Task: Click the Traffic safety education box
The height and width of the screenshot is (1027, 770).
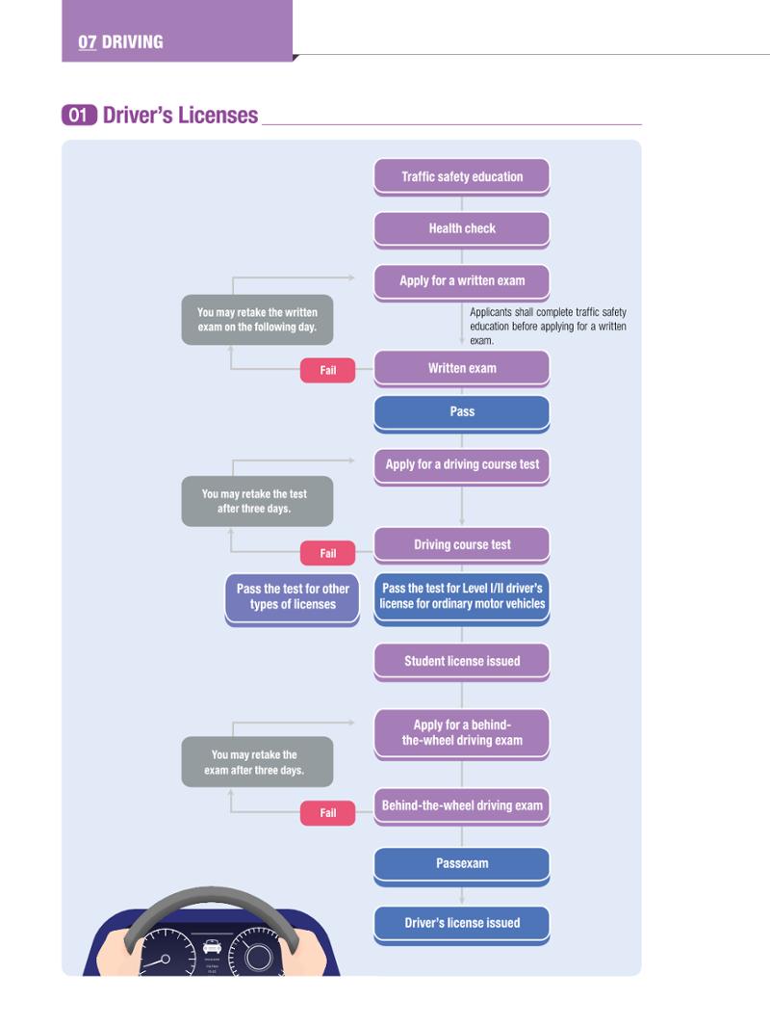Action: [x=462, y=177]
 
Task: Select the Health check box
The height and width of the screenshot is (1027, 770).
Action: [x=462, y=229]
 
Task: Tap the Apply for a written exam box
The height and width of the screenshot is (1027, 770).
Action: [x=462, y=281]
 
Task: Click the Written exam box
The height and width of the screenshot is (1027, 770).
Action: [x=462, y=369]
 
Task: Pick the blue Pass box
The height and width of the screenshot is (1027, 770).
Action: [x=462, y=412]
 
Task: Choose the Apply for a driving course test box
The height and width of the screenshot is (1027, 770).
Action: [x=462, y=465]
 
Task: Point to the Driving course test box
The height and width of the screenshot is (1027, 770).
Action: [x=462, y=545]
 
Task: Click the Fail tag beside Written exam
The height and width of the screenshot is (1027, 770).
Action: [x=328, y=370]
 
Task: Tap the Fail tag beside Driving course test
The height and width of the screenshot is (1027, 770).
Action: [x=328, y=553]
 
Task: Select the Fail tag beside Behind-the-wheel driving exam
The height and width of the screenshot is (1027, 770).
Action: [x=328, y=813]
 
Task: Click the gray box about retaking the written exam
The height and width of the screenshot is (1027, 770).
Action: [x=257, y=320]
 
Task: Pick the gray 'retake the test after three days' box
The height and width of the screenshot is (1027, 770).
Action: [x=257, y=501]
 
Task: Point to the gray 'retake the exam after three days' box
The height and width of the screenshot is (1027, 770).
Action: [x=257, y=762]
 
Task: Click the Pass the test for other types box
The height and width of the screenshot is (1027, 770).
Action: [x=293, y=599]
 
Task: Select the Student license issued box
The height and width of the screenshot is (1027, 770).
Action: [x=462, y=662]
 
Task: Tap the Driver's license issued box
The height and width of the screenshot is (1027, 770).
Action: [x=462, y=924]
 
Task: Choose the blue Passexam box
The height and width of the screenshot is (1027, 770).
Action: [x=462, y=864]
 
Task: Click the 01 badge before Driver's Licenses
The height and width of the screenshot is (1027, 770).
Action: [x=79, y=116]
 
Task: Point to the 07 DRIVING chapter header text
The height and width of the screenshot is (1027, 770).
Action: [x=121, y=42]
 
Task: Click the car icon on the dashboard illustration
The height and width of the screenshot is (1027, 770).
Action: [x=212, y=946]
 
